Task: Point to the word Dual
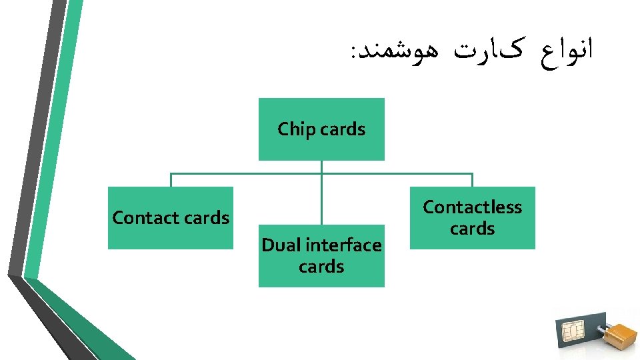pos(281,245)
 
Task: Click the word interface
pos(343,245)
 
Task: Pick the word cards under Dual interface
pos(321,267)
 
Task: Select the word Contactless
pos(472,207)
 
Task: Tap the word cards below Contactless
pos(472,229)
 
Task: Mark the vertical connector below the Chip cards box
pos(321,193)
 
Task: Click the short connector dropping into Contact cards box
pos(171,180)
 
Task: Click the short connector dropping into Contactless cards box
pos(472,180)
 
